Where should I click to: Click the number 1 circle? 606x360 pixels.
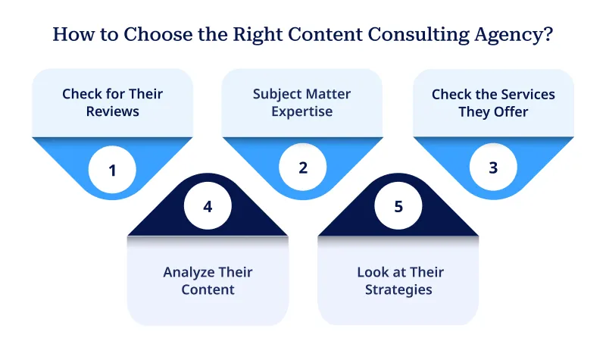(x=112, y=170)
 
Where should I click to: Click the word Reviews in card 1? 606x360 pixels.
(x=112, y=112)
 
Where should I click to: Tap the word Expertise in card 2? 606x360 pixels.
(x=302, y=112)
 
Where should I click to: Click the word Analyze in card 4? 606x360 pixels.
(x=187, y=272)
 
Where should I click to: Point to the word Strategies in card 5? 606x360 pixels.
(x=398, y=290)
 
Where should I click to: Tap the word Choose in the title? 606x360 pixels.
(x=142, y=35)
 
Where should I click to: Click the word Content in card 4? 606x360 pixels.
(x=208, y=290)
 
